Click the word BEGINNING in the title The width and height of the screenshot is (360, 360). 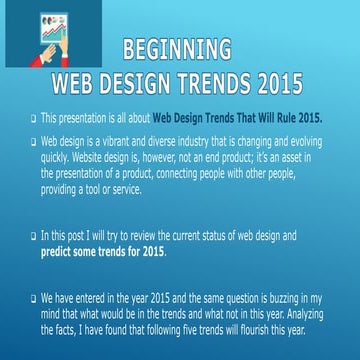pos(176,50)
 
